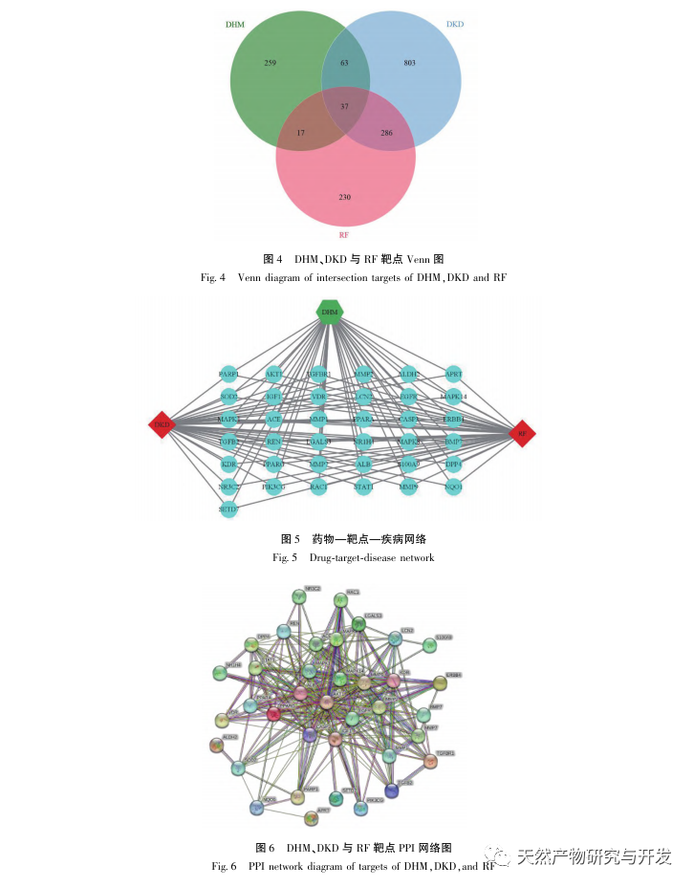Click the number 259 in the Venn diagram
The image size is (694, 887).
[x=270, y=63]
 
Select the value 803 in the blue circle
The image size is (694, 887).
[x=409, y=63]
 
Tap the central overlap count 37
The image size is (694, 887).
[x=345, y=106]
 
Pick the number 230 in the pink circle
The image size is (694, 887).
[x=345, y=197]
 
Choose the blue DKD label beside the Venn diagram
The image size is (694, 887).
[x=455, y=23]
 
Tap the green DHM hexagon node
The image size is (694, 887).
[x=330, y=312]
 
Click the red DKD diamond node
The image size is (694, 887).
[x=162, y=425]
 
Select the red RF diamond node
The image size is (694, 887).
[x=522, y=433]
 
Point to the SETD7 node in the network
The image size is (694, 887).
[x=228, y=509]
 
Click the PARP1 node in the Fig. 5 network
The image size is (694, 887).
[x=228, y=375]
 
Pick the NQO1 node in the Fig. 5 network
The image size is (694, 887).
[x=454, y=487]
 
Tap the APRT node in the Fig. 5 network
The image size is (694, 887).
[x=454, y=375]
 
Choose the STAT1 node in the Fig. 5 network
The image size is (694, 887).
[x=364, y=487]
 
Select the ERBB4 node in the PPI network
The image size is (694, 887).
[x=439, y=682]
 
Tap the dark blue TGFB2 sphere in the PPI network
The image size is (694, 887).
[x=392, y=790]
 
